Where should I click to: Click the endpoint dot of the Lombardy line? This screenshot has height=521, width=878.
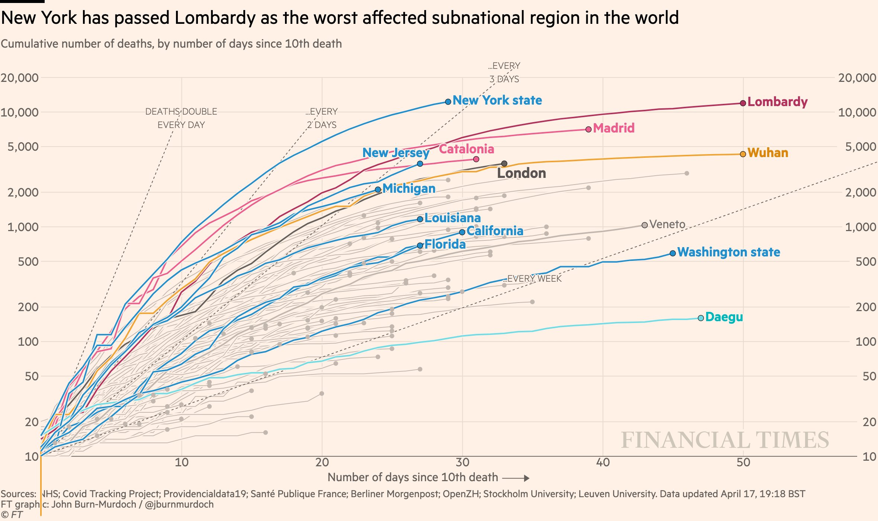click(x=743, y=103)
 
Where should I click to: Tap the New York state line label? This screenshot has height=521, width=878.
click(x=497, y=100)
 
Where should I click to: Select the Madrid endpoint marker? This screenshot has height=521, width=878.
click(x=589, y=129)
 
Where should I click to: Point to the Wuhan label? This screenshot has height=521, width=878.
click(x=768, y=153)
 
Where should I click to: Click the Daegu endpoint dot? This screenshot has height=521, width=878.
click(x=701, y=318)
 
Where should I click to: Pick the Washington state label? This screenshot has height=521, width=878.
click(x=728, y=252)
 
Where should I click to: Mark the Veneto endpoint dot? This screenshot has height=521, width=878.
click(x=645, y=225)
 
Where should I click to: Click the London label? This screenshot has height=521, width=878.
click(x=522, y=173)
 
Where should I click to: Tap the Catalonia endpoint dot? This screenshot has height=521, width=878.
click(x=476, y=159)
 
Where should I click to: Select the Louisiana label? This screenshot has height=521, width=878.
click(x=452, y=218)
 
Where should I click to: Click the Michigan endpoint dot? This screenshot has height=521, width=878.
click(x=378, y=189)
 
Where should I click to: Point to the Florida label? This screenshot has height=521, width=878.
click(x=445, y=244)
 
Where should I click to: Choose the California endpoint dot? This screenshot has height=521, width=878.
click(x=462, y=232)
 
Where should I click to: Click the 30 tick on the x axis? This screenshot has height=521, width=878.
click(x=462, y=462)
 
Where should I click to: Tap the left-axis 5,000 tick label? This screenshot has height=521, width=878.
click(x=23, y=147)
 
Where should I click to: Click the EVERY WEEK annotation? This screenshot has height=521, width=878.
click(x=534, y=278)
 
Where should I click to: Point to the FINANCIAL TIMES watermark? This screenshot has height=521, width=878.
click(x=725, y=440)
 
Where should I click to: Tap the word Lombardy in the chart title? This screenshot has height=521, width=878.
click(x=215, y=17)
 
